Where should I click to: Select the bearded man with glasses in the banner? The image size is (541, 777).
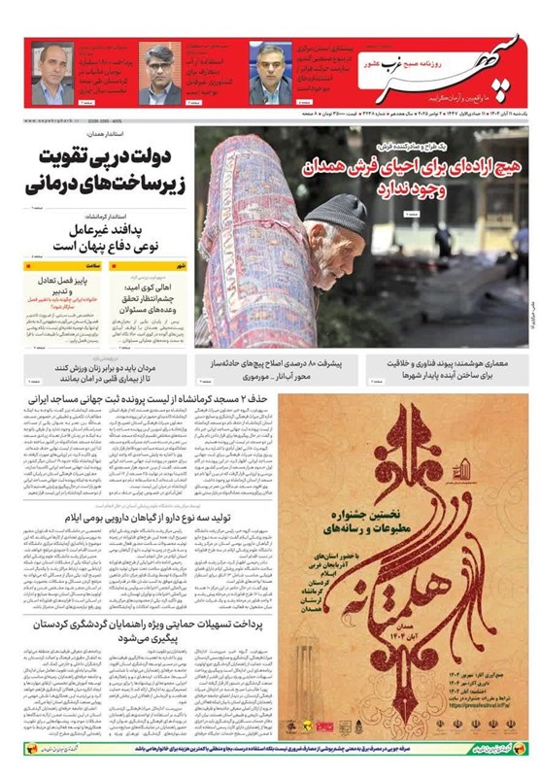pos(157,72)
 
